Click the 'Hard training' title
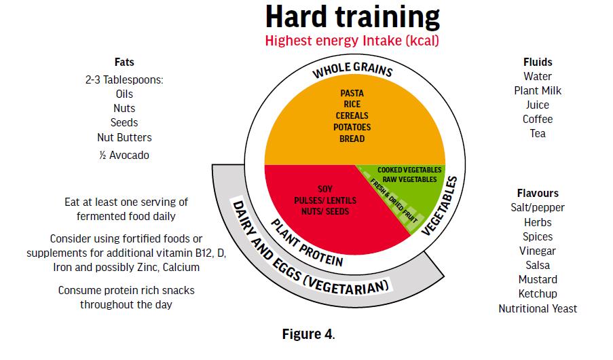click(x=352, y=18)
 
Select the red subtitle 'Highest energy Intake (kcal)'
click(x=352, y=41)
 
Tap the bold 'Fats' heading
click(x=124, y=62)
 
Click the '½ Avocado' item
click(x=124, y=156)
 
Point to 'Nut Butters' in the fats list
click(x=124, y=138)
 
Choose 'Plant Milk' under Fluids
click(x=538, y=91)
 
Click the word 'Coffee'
click(x=538, y=120)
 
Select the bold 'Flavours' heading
click(x=538, y=194)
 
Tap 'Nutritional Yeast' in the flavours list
click(x=538, y=309)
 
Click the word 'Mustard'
click(x=538, y=280)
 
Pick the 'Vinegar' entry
click(x=538, y=251)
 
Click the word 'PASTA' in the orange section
click(x=352, y=94)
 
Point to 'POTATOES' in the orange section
click(x=352, y=128)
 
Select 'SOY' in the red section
click(x=325, y=190)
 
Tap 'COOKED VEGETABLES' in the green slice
click(x=409, y=170)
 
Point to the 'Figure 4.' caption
click(x=308, y=334)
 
